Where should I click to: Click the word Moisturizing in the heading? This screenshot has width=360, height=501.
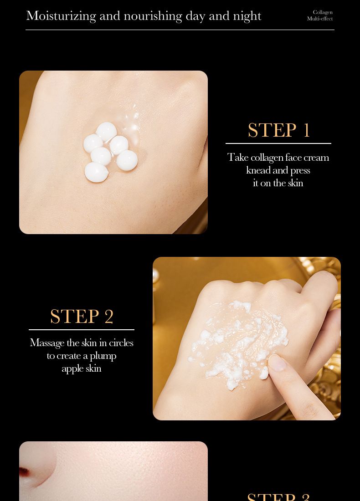61,16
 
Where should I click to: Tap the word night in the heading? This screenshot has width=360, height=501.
247,16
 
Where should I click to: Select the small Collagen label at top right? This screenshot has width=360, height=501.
323,12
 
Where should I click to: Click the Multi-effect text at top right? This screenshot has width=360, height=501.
320,19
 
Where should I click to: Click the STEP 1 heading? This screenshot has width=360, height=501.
278,130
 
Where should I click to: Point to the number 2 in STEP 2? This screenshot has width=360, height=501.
109,317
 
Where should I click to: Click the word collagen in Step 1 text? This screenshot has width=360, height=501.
267,158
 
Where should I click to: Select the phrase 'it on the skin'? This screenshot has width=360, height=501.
278,183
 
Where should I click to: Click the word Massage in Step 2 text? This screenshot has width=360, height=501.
47,343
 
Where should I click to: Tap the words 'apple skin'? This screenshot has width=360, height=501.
82,368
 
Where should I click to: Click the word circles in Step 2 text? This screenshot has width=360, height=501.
121,343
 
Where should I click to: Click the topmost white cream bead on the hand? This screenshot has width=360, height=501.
106,131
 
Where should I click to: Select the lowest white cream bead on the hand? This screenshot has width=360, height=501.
96,172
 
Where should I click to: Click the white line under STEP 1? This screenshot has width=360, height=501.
278,143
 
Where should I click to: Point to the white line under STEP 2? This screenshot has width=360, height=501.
82,329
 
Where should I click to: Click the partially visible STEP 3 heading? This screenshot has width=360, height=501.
278,496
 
